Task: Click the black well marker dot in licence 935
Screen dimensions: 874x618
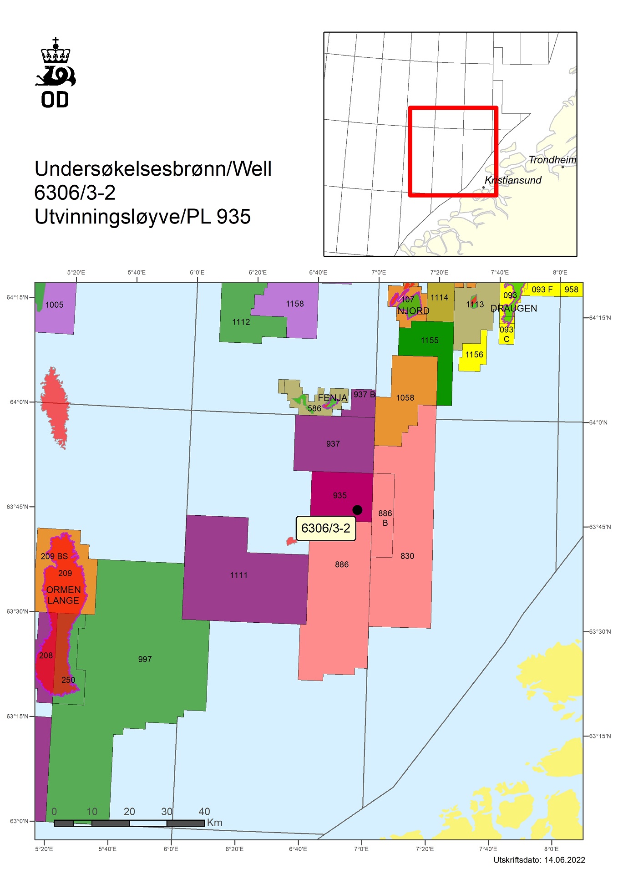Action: (357, 510)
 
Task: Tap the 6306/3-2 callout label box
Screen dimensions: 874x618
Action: (326, 528)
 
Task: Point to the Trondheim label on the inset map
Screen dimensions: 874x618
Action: (552, 160)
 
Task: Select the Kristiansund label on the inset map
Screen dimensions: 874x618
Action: (513, 180)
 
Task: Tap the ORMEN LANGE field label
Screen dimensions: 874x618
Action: (63, 595)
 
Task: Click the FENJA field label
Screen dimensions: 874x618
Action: (332, 398)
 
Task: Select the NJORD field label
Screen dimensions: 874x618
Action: (413, 311)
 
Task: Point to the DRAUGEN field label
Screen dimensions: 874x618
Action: (514, 308)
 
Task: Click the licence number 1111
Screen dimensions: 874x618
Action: (238, 575)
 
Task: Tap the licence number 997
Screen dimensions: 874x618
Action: (145, 659)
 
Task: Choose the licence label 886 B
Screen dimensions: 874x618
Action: (385, 518)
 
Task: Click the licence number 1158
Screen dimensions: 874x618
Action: (295, 304)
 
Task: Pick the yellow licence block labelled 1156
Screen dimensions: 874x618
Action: (474, 355)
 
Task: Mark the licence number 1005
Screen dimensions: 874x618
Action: (55, 305)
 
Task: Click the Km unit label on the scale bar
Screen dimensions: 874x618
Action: (215, 823)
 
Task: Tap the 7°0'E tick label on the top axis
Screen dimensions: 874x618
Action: (379, 273)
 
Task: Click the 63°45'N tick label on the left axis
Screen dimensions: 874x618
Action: (17, 507)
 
